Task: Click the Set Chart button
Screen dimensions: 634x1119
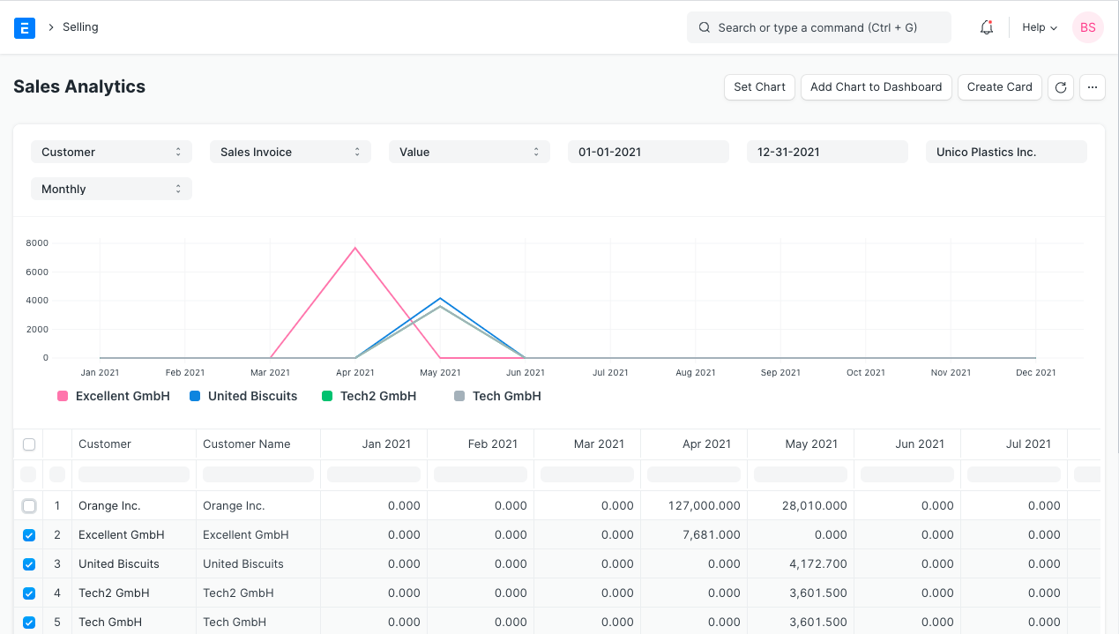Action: pos(759,86)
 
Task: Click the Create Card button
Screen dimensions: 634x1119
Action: pos(999,86)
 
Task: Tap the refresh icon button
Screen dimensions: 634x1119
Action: pos(1061,87)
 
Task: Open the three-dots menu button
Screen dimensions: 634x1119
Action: pos(1092,87)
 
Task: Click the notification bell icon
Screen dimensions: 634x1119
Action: pos(987,27)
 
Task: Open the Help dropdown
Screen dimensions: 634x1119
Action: pos(1039,27)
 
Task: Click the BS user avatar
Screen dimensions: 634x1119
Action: pos(1087,27)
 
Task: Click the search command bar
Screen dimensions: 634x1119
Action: pos(818,27)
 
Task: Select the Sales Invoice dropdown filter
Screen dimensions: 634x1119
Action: pos(290,152)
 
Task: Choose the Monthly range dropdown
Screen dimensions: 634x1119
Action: pos(111,189)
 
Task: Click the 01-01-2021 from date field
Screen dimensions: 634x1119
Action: pos(648,152)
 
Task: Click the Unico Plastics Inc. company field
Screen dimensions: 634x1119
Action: pos(1006,152)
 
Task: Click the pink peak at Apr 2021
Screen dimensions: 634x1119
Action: pos(355,248)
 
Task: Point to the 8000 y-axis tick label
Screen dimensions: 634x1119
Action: pos(37,242)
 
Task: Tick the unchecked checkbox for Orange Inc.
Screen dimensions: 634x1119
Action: pos(29,506)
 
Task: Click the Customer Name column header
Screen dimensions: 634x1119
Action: pos(247,444)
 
